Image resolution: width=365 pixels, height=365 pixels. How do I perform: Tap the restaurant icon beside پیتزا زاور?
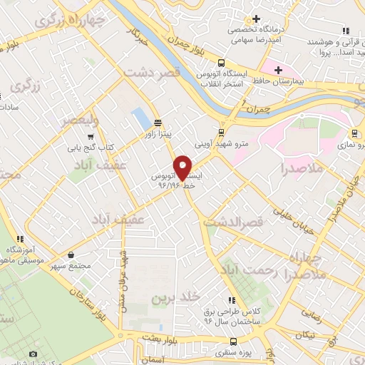point(156,121)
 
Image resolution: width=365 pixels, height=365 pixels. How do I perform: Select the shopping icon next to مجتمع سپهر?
point(71,255)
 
